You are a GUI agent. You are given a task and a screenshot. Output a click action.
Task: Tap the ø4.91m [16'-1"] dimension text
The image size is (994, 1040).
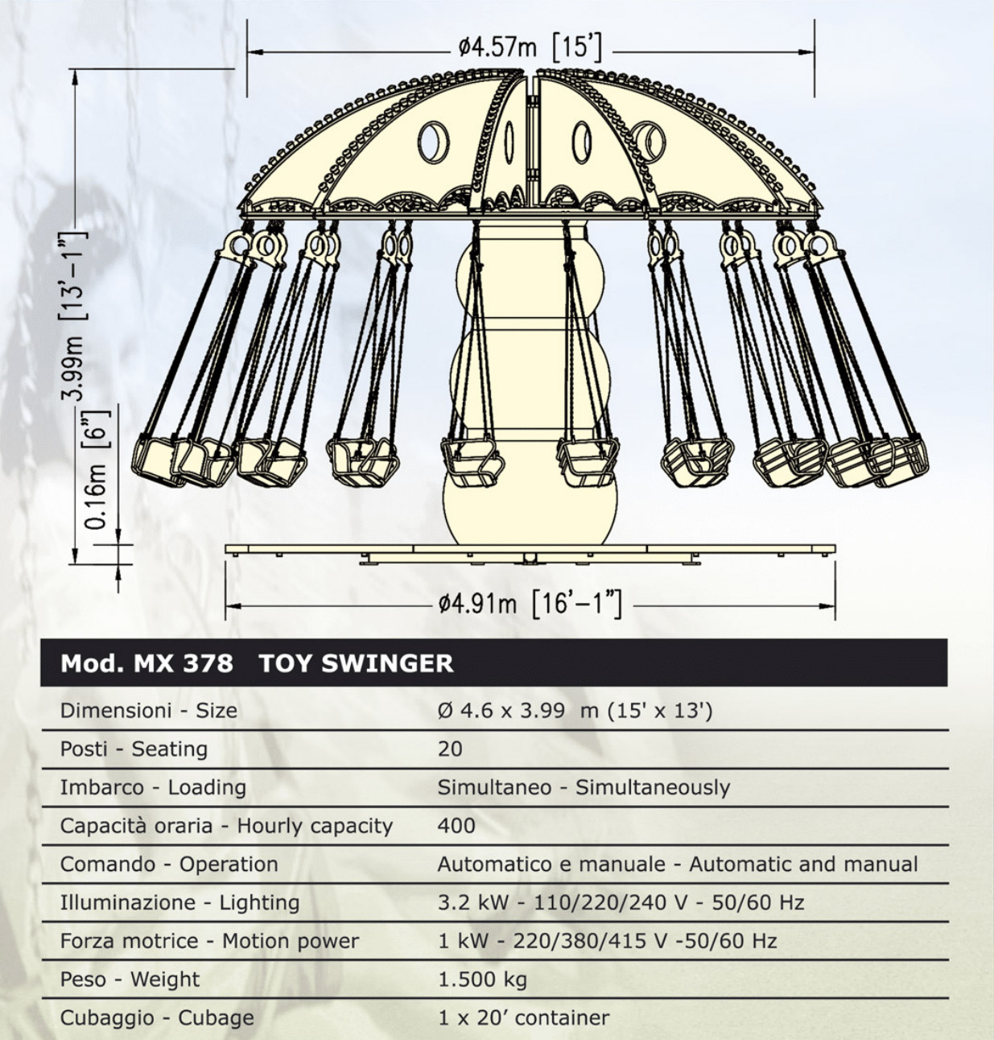(x=530, y=605)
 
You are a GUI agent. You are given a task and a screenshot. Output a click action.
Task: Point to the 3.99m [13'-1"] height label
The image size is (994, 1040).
(x=72, y=315)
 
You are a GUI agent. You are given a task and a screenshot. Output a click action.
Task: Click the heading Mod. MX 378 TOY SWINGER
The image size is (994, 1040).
(x=257, y=663)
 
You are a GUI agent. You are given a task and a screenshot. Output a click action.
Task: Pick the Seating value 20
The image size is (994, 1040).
(x=450, y=749)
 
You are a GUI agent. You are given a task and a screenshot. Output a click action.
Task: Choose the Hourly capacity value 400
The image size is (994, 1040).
(x=456, y=826)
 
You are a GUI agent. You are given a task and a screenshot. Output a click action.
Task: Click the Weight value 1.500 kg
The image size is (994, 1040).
(x=482, y=980)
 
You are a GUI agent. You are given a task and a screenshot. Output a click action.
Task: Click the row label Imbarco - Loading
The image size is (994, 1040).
(x=153, y=788)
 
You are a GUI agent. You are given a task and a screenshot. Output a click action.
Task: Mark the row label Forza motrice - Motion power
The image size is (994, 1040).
(x=209, y=941)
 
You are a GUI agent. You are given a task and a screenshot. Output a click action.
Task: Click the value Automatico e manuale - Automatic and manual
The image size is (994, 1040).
(x=678, y=865)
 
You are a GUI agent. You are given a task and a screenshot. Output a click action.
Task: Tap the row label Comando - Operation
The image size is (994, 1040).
(x=169, y=865)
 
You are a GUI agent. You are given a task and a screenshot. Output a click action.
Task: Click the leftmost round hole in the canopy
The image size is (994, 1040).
(x=433, y=142)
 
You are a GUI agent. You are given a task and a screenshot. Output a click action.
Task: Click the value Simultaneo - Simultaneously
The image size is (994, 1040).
(x=584, y=788)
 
